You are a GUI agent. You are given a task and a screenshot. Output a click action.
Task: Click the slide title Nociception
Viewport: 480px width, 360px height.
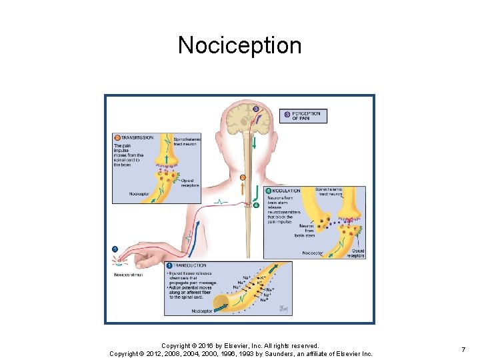point(239,45)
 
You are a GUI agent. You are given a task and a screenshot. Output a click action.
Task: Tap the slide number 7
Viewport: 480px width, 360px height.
point(463,349)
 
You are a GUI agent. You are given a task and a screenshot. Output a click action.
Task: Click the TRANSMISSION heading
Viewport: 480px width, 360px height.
point(137,137)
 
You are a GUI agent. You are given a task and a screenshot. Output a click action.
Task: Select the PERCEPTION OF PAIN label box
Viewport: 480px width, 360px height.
point(306,116)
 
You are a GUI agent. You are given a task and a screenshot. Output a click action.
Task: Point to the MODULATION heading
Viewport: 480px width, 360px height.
point(287,191)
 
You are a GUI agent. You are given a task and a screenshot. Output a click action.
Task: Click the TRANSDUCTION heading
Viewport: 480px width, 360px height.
point(191,265)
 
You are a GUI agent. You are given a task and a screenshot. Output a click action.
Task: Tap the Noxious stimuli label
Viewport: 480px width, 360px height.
point(129,275)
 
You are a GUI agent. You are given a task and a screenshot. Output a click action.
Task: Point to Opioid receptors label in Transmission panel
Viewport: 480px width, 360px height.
point(190,182)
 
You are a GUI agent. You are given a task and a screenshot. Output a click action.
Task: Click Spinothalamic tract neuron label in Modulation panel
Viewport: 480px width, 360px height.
point(329,192)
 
